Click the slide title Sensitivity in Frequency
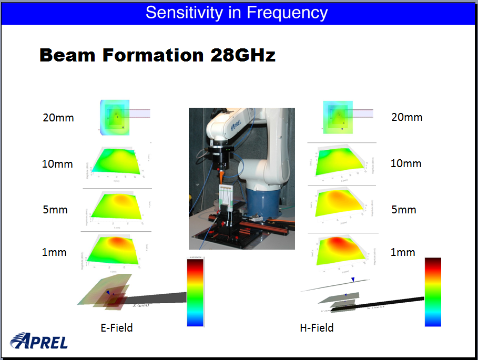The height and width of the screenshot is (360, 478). pos(237,13)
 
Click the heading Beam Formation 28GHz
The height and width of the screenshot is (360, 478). pos(158,55)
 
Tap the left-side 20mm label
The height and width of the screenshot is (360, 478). pos(58,118)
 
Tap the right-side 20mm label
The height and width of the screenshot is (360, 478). pos(406,117)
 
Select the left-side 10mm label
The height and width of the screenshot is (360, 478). pos(57,164)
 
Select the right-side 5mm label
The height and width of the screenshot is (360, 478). pos(403,210)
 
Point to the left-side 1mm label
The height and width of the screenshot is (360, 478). pos(54,252)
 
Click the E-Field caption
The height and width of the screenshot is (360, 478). pos(117,328)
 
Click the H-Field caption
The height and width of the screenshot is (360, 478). pos(317,328)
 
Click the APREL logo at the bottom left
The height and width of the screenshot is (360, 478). pos(39,341)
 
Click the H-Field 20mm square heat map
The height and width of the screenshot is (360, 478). pos(339,117)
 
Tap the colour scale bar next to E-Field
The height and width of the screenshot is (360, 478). pos(196,292)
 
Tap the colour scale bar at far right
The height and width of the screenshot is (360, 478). pos(433,292)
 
